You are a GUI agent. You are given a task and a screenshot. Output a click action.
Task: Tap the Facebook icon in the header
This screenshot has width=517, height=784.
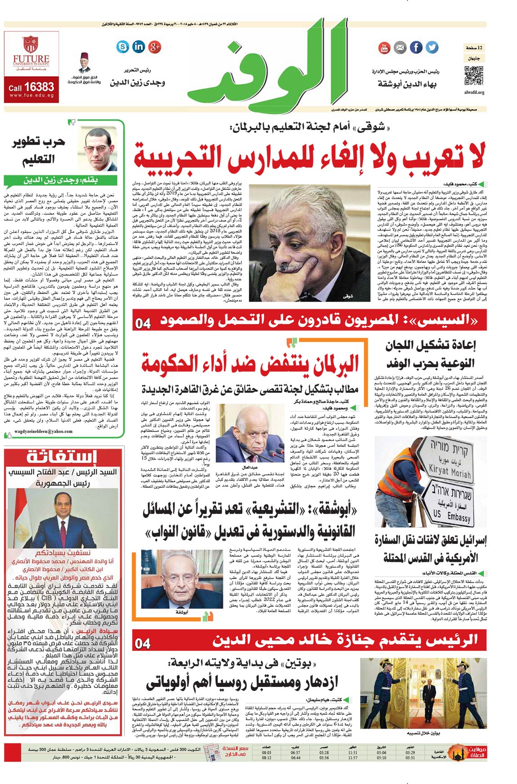[x=416, y=47]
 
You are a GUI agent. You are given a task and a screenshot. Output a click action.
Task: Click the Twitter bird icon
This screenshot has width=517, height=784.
[x=432, y=47]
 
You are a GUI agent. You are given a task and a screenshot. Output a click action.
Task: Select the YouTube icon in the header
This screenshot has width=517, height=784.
[x=384, y=47]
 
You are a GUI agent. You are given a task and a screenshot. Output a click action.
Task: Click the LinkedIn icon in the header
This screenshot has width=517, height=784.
[x=138, y=46]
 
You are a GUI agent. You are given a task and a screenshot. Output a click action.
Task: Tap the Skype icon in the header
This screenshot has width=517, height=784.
[x=122, y=46]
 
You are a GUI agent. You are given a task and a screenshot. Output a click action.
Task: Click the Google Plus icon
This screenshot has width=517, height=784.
[x=155, y=46]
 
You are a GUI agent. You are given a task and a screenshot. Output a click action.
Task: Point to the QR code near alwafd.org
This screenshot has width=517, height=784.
[x=473, y=76]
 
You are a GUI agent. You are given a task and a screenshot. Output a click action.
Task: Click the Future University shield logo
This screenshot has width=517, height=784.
[x=31, y=45]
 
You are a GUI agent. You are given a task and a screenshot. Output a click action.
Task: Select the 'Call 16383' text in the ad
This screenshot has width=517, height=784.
[x=31, y=87]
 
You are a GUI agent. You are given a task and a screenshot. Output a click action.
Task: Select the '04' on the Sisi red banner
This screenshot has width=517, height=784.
[x=143, y=323]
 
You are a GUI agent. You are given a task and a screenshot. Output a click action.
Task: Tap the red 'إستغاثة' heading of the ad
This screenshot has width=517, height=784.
[x=62, y=457]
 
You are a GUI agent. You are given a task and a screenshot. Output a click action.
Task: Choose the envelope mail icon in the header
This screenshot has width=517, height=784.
[x=400, y=47]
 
